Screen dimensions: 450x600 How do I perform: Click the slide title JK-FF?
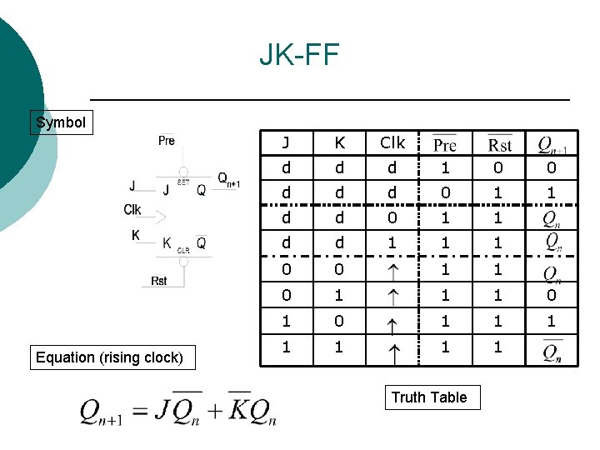(x=299, y=56)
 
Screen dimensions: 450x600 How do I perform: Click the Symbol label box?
(x=61, y=122)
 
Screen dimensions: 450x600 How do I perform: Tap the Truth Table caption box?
(x=429, y=397)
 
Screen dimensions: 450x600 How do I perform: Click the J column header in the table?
(x=286, y=142)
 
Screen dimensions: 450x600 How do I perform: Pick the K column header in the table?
(x=339, y=142)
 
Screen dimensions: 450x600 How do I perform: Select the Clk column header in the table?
(x=392, y=142)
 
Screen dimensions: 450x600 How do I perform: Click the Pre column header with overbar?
(x=445, y=144)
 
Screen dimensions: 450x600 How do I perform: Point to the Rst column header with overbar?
(x=499, y=144)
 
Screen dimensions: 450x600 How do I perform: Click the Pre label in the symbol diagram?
(x=167, y=140)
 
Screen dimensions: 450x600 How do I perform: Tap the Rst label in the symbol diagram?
(x=159, y=281)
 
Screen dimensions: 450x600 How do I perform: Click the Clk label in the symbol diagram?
(x=132, y=210)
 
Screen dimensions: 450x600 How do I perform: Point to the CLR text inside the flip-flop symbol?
(x=183, y=249)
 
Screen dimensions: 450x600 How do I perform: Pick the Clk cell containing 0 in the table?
(x=392, y=217)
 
